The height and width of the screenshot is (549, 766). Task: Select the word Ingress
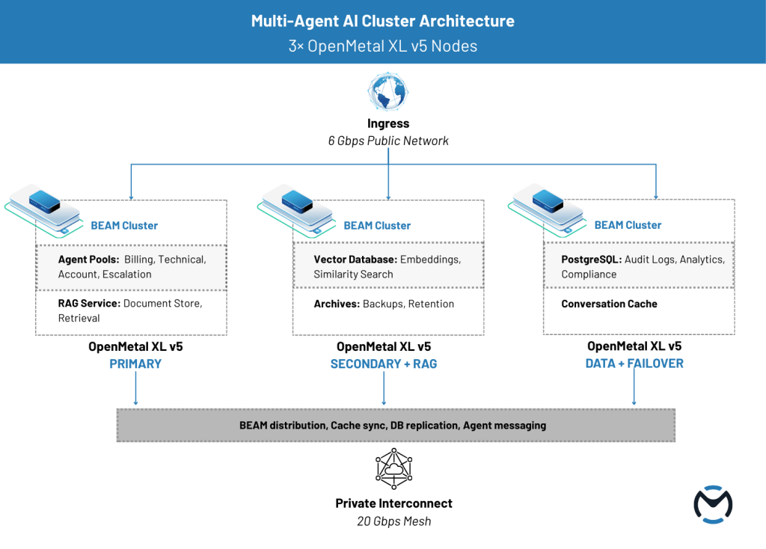387,124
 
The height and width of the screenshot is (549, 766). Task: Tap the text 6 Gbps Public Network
387,141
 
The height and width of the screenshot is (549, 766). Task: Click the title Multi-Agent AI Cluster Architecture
382,21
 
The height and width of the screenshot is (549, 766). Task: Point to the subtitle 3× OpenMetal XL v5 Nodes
382,46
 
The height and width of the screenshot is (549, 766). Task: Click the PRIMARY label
135,364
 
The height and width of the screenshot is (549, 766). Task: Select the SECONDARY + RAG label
384,364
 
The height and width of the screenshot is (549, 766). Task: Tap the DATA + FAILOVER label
634,364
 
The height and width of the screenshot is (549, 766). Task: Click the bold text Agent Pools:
89,260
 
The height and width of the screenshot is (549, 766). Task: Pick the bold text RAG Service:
89,304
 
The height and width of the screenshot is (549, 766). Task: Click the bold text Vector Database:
355,260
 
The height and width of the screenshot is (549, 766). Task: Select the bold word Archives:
337,304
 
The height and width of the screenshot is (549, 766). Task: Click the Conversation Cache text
609,304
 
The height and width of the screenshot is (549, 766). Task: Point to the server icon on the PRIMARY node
45,201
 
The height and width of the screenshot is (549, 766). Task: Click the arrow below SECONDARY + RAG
384,388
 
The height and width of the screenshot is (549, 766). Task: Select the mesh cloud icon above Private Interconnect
393,467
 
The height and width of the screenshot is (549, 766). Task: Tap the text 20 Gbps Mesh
393,521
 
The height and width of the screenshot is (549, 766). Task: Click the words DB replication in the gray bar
423,426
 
